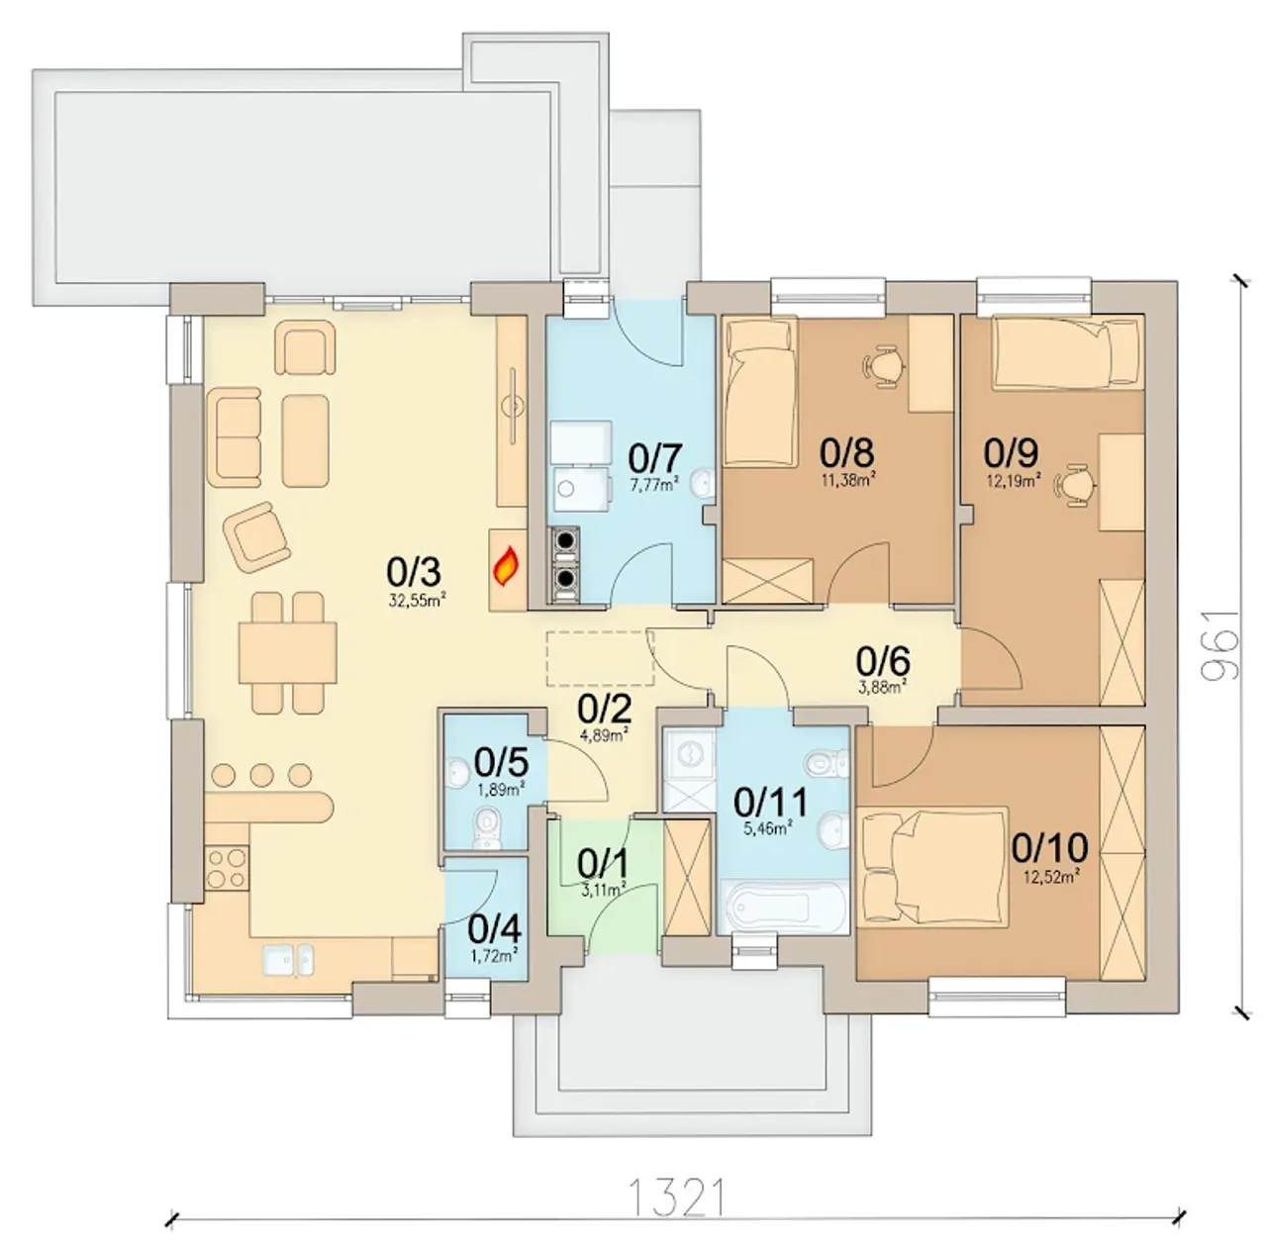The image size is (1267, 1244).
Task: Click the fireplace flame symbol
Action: click(506, 566)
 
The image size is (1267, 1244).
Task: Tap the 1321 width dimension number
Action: click(677, 1197)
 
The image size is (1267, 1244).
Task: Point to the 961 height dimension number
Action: click(1221, 645)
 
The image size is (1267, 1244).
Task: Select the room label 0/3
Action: click(414, 572)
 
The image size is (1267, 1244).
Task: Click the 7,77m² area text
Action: click(654, 485)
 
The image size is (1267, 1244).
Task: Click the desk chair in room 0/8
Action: click(883, 365)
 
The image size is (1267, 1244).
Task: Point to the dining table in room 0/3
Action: click(288, 653)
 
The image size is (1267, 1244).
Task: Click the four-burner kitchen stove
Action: click(227, 868)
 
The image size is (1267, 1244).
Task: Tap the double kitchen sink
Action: click(288, 960)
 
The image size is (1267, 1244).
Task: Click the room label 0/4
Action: click(495, 930)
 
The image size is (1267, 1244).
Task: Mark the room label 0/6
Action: click(883, 661)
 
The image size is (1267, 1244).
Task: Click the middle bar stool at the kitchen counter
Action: click(261, 775)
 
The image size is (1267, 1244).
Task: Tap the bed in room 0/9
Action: click(1067, 353)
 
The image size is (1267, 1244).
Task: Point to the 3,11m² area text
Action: click(603, 890)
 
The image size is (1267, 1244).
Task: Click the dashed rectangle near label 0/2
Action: click(600, 659)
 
